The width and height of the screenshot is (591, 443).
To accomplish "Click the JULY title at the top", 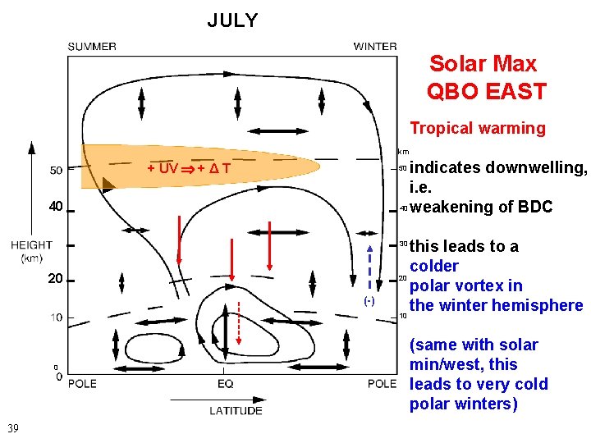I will point(232,21).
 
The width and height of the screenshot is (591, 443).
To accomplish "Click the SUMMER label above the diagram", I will point(91,47).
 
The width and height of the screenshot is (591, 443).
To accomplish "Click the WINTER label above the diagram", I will point(375,47).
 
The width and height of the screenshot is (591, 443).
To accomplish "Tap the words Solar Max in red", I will point(483,64).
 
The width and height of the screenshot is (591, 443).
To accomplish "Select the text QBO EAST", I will point(486,92).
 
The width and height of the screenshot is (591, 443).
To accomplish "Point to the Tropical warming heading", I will point(477,128).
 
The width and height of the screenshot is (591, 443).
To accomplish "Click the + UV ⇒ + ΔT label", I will point(188,169).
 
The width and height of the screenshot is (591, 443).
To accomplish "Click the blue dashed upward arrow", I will point(370,267).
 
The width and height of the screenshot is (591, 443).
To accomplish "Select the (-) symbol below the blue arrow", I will point(370,301).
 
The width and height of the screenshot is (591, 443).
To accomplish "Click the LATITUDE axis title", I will point(236,410).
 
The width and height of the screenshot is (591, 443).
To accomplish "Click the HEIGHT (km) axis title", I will point(31,252).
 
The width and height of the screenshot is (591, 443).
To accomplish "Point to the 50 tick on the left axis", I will point(56,171).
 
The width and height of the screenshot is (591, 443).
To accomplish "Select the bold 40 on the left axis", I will point(55,207).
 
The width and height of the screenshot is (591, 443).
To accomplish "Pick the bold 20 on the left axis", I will point(55,279).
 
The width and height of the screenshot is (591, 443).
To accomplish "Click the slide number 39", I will point(13,427).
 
